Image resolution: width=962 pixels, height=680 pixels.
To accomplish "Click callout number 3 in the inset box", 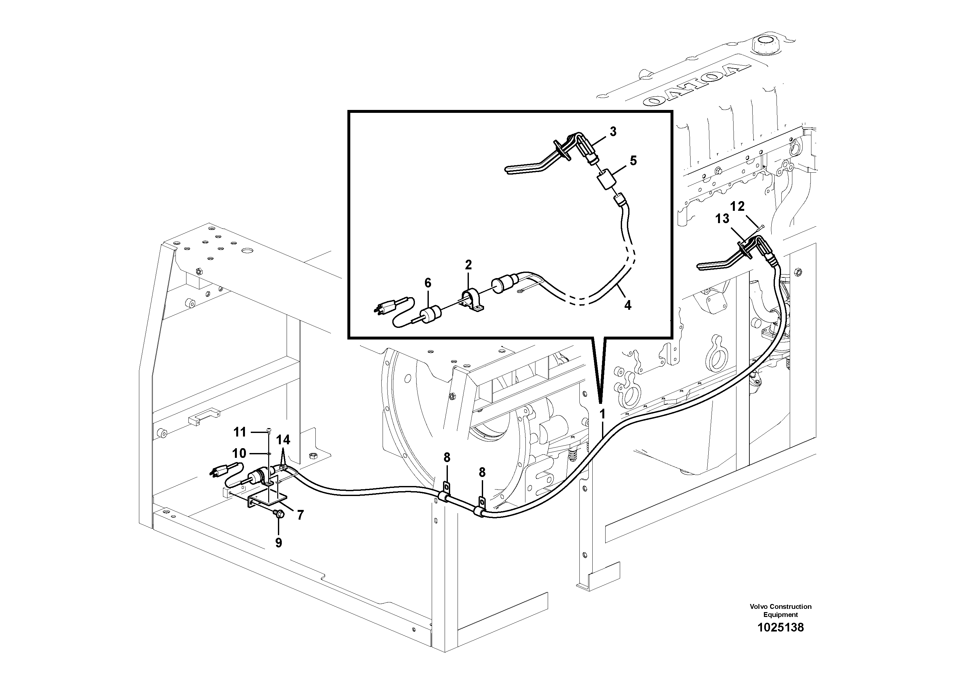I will [x=613, y=132].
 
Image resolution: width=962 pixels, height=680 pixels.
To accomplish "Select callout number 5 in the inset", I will [x=633, y=161].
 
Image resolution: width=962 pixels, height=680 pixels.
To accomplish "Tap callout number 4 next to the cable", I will [x=627, y=305].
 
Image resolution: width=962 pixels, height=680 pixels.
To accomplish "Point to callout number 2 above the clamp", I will [x=469, y=264].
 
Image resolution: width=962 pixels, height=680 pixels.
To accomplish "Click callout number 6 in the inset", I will [x=428, y=283].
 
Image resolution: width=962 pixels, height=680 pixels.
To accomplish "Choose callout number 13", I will [x=722, y=219].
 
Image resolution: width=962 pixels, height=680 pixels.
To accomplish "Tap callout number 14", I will [x=283, y=440].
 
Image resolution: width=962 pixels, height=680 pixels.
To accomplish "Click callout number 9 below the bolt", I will [x=279, y=543].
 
